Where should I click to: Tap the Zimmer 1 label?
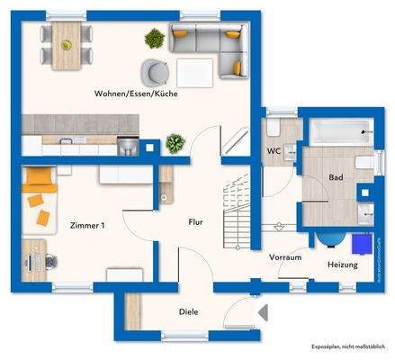[x=87, y=225]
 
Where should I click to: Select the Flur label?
[x=194, y=221]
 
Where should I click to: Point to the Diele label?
[x=187, y=311]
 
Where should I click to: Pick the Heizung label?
[x=342, y=265]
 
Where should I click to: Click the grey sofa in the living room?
[x=210, y=45]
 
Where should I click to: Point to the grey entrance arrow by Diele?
[x=263, y=312]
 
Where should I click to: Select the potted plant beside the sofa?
[x=155, y=39]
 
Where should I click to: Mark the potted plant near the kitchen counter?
[x=174, y=142]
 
